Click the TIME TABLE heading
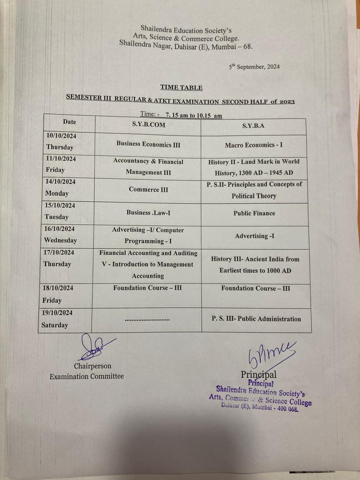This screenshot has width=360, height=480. click(181, 87)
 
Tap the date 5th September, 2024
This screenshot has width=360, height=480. click(254, 67)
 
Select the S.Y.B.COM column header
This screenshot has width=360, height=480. click(148, 125)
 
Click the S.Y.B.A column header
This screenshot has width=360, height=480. click(253, 126)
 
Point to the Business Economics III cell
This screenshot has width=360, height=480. click(148, 144)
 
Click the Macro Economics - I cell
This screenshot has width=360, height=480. click(254, 145)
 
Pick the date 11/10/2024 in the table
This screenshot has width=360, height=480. click(61, 159)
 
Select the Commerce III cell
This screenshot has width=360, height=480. click(148, 189)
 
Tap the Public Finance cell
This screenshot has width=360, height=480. click(254, 213)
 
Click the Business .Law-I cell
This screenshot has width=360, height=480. click(148, 213)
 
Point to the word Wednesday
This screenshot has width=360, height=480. click(60, 240)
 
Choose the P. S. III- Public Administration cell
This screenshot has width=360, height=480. click(256, 319)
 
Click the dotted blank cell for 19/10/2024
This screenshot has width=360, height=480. click(147, 319)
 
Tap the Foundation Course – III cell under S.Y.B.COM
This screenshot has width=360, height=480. click(147, 288)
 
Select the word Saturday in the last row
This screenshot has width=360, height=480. click(55, 325)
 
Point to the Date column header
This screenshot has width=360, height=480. click(69, 122)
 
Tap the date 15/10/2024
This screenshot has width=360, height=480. click(60, 205)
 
